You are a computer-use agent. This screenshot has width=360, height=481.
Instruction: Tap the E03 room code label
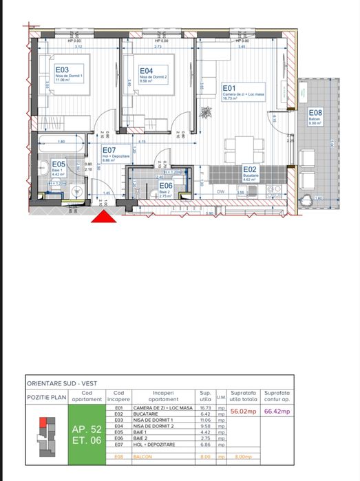click(x=62, y=70)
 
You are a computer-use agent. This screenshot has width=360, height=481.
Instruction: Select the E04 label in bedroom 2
click(x=146, y=70)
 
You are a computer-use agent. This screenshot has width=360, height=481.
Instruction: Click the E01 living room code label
click(x=229, y=88)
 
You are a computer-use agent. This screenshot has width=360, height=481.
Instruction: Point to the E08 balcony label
click(x=315, y=113)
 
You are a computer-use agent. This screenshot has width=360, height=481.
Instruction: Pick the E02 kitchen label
click(x=249, y=169)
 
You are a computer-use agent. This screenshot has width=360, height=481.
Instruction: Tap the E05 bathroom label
click(x=59, y=164)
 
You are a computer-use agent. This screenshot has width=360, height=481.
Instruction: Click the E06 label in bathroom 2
click(x=165, y=185)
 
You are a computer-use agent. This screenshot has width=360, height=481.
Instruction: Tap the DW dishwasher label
click(x=221, y=192)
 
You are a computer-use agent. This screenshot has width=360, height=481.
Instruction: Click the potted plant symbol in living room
click(x=204, y=113)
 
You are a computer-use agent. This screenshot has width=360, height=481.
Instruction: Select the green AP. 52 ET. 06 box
click(x=87, y=434)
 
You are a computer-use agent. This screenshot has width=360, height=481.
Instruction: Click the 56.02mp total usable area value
click(x=244, y=411)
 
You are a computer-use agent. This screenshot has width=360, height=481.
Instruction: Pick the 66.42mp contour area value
click(x=277, y=411)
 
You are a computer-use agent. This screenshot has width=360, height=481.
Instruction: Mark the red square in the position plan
click(x=43, y=422)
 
